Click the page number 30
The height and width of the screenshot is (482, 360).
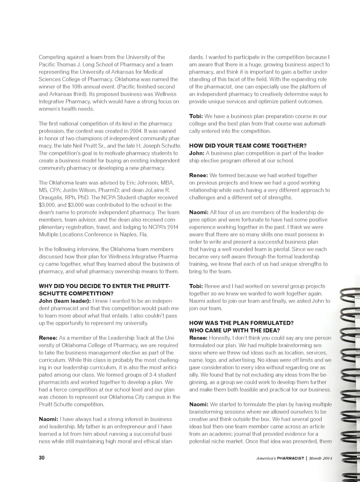coord(42,458)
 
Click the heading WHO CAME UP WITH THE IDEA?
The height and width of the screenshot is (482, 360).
coord(234,330)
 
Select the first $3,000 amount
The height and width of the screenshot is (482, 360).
coord(47,205)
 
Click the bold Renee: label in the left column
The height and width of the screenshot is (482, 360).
coord(48,338)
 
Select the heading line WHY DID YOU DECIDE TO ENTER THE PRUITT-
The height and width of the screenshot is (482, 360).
coord(104,286)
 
